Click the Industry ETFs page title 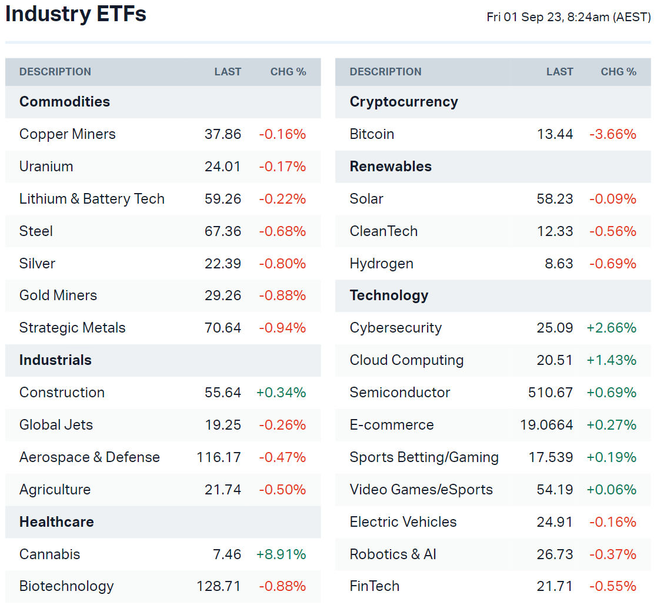point(76,14)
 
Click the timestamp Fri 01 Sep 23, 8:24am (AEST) point(568,18)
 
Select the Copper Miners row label point(68,134)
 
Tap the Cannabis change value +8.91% point(281,554)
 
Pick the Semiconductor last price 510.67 point(551,393)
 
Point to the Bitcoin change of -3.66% point(612,134)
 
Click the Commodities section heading point(65,102)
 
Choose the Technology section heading point(389,295)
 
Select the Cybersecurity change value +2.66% point(611,328)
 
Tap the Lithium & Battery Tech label point(92,199)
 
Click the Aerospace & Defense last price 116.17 point(219,457)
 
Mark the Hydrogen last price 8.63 point(559,264)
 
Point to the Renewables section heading point(391,167)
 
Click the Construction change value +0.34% point(281,393)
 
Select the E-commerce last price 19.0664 point(546,425)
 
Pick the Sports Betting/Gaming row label point(424,457)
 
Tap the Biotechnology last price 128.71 point(219,586)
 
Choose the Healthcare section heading point(56,522)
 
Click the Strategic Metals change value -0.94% point(282,328)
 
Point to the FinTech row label point(375,586)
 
